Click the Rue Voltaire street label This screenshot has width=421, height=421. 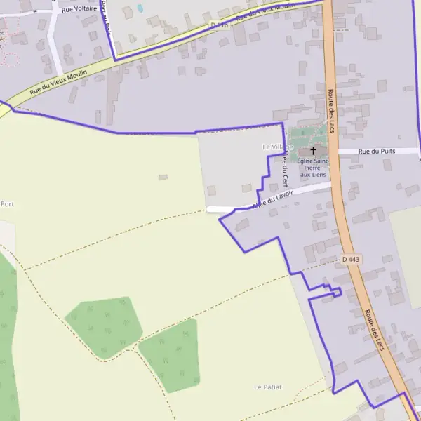78,10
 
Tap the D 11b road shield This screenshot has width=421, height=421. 220,25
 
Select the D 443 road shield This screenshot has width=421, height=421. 352,260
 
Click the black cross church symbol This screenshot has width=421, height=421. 314,150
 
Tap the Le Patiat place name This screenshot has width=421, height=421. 267,387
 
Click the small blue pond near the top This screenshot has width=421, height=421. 140,8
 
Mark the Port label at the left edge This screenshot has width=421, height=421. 7,204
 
